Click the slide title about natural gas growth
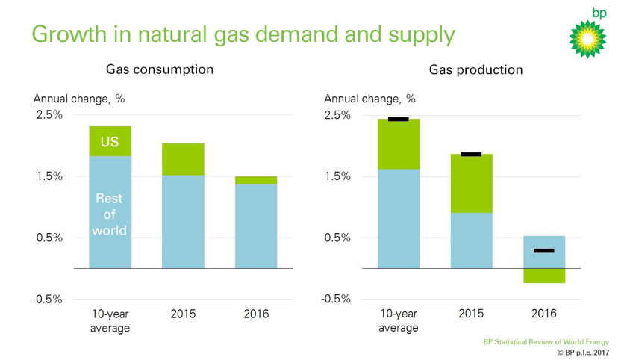click(243, 34)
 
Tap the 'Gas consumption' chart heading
click(159, 69)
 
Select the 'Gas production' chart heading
click(475, 69)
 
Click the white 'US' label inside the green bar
click(110, 142)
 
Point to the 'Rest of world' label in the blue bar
click(110, 214)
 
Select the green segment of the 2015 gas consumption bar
click(183, 159)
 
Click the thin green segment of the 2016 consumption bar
click(255, 180)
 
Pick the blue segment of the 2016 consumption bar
click(255, 226)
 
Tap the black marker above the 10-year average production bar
click(398, 119)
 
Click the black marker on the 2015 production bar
click(471, 154)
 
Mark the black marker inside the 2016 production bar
click(543, 251)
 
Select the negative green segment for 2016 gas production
click(543, 276)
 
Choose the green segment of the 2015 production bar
click(471, 184)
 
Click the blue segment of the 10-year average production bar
click(398, 218)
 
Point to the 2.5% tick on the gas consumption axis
click(49, 115)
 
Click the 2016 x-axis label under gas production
click(543, 314)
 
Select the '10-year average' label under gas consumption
click(110, 321)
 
